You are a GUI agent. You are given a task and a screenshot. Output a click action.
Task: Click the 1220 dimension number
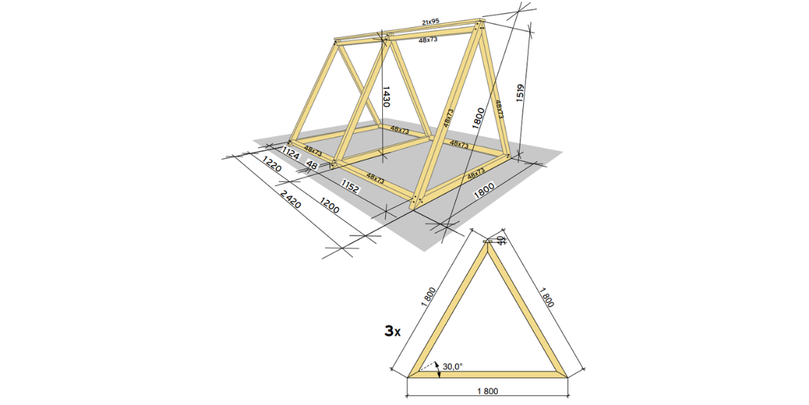coord(271,167)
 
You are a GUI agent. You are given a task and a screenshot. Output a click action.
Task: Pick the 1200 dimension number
coord(331,207)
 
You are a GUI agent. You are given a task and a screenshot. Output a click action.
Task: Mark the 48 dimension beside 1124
coord(312,166)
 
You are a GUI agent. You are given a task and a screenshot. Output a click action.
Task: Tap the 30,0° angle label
coord(453,365)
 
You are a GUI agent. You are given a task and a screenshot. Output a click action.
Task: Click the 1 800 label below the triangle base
coord(487,391)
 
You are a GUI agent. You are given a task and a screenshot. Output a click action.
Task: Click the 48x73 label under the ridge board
coord(428,40)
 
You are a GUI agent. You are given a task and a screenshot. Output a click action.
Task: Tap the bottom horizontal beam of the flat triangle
coord(487,374)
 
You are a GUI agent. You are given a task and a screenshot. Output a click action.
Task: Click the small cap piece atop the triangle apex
coord(487,241)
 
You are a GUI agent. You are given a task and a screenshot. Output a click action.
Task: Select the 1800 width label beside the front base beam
coord(484,190)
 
